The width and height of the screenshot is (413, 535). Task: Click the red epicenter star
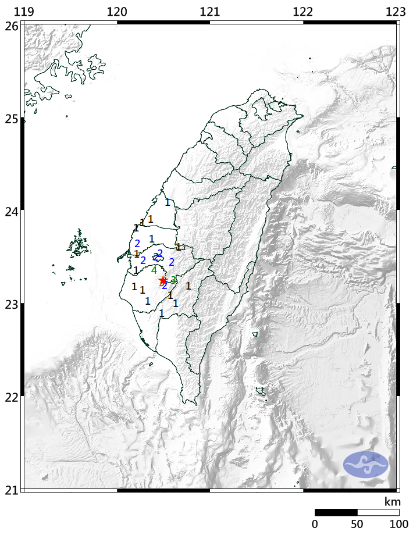[163, 280]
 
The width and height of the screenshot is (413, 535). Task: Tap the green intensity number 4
[154, 270]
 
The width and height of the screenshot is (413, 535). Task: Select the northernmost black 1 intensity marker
[168, 202]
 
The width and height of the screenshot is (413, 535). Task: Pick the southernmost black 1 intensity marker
[162, 313]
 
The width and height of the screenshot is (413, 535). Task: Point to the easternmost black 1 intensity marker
[188, 286]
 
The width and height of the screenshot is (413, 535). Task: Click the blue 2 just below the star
[165, 286]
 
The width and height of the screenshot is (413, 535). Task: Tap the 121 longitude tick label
[209, 12]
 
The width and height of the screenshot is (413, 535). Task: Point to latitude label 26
[11, 26]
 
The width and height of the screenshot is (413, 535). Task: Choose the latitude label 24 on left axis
[11, 211]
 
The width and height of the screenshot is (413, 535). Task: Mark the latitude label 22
[11, 397]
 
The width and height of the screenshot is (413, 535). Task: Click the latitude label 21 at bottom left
[11, 489]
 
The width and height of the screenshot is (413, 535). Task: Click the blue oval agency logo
[365, 464]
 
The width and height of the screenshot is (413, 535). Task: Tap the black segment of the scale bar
[336, 512]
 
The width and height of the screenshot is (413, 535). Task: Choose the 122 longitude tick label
[302, 12]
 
